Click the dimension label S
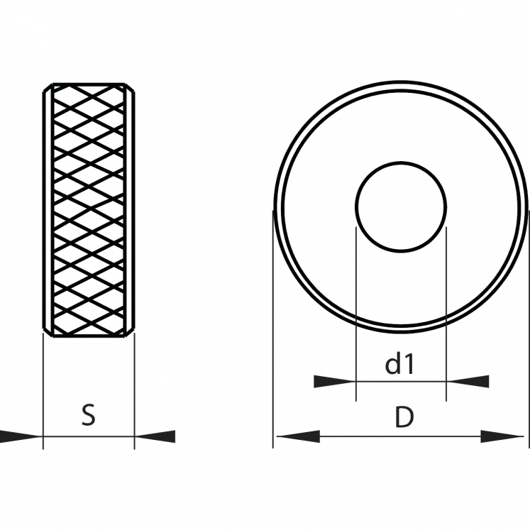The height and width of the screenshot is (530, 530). point(89,415)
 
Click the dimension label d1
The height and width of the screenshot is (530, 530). point(399,364)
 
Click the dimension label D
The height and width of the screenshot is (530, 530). point(404,417)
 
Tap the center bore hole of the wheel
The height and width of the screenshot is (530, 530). point(401,207)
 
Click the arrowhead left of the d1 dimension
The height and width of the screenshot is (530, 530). point(335,381)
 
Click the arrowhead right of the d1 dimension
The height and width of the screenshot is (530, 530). point(468,381)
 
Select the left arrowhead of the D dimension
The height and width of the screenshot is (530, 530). point(298,436)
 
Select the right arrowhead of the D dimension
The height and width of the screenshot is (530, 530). point(502,436)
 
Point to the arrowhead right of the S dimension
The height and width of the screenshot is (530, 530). point(155,436)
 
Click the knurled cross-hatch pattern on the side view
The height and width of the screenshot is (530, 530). point(89,209)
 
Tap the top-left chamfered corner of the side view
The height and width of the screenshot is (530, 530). point(48,87)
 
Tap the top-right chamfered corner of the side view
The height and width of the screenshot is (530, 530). point(130,87)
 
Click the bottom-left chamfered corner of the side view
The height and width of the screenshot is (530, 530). point(48,332)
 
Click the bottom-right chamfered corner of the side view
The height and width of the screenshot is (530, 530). point(130,332)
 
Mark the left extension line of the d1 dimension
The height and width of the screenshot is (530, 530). point(356,314)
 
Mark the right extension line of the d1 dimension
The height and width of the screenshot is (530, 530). point(446,314)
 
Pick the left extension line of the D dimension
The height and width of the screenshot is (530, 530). point(272,329)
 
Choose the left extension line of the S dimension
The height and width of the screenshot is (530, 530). point(43,391)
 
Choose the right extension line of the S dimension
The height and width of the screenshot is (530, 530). point(135,391)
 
